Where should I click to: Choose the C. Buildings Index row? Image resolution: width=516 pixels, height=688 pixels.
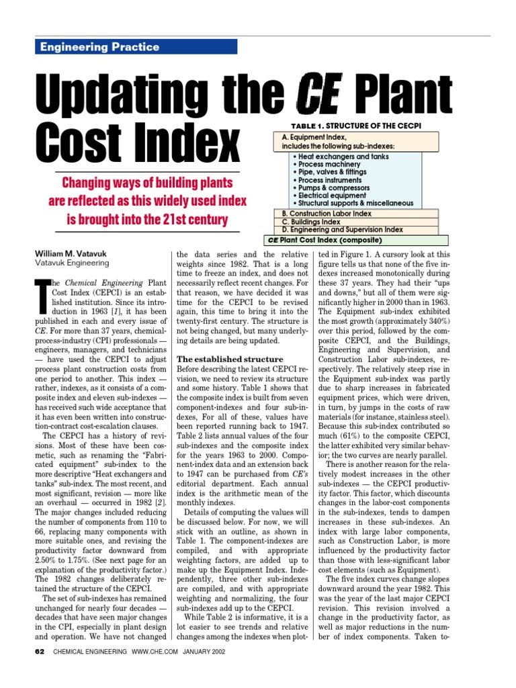click(x=311, y=222)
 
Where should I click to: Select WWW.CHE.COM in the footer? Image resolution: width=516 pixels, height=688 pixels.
click(x=152, y=670)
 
